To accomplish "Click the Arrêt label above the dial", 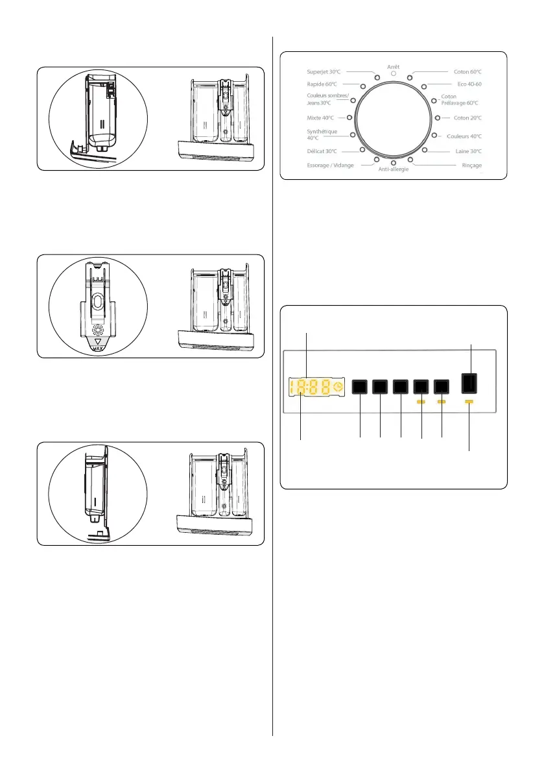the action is click(393, 67).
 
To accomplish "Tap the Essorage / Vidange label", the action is click(330, 166).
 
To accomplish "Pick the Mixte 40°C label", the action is click(320, 117).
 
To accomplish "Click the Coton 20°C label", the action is click(467, 117).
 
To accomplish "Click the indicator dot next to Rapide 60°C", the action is click(362, 86).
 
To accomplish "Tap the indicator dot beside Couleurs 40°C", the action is click(432, 136).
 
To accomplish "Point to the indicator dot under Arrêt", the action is click(393, 75).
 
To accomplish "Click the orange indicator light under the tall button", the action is click(469, 402).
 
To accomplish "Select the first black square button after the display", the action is click(359, 387).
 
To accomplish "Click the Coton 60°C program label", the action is click(467, 71).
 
